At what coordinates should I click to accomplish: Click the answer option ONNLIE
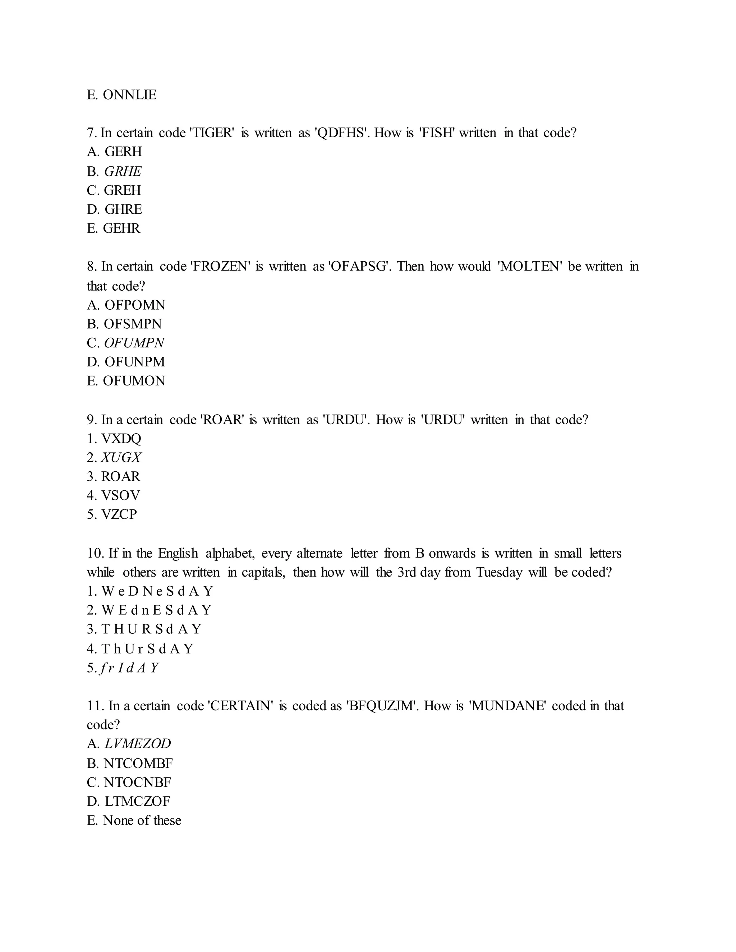(129, 94)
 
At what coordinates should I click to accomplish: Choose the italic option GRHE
(123, 171)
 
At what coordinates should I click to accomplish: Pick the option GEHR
(122, 228)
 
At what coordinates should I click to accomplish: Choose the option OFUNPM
(135, 361)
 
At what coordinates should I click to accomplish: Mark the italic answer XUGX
(121, 457)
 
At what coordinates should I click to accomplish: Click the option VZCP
(119, 514)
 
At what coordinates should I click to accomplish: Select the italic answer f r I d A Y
(129, 667)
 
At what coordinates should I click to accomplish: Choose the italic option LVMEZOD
(138, 743)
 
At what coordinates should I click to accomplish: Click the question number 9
(92, 419)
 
